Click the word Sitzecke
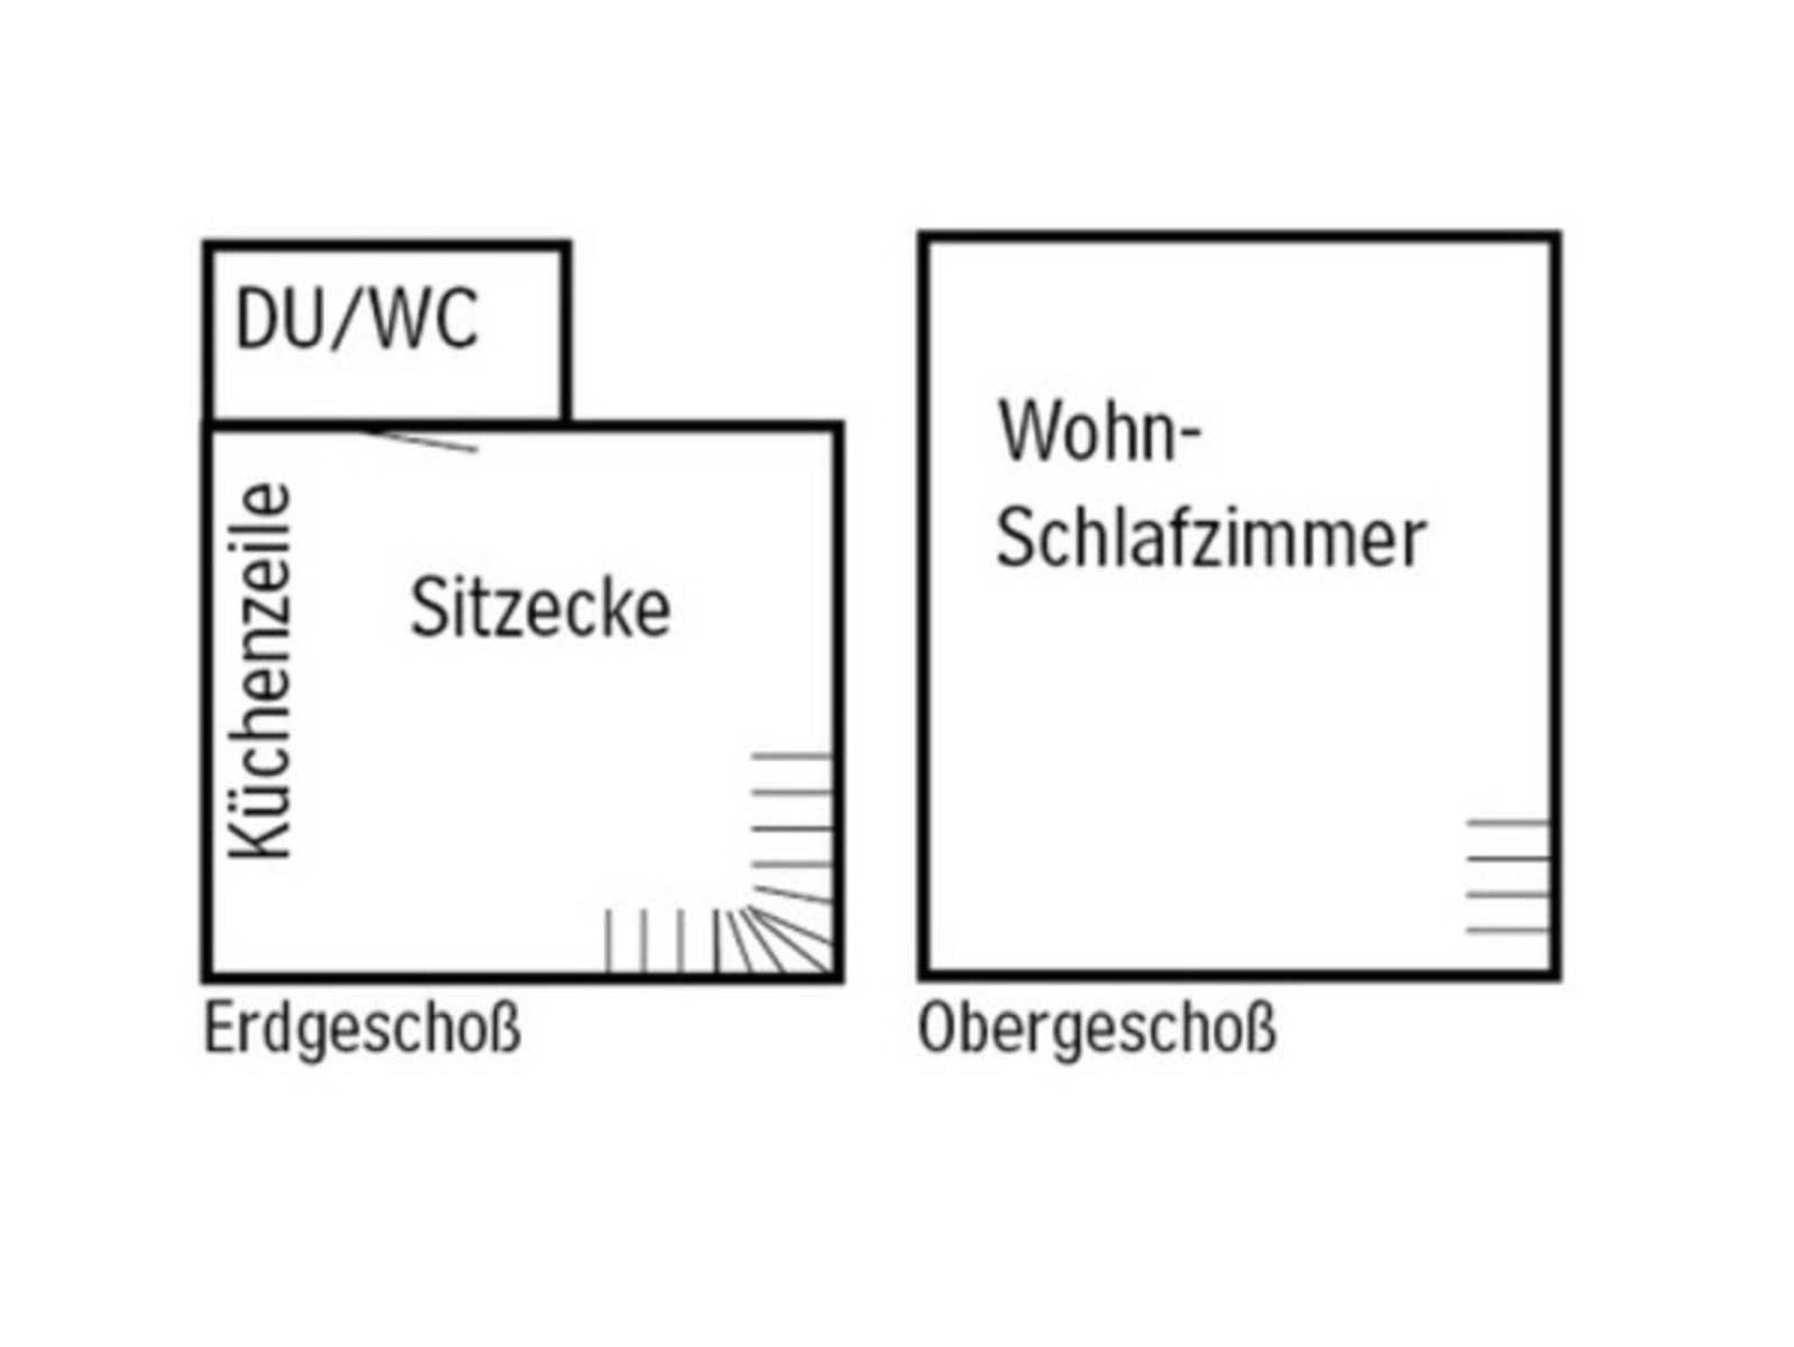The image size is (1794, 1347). pos(540,607)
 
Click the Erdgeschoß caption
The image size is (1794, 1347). pos(363,1029)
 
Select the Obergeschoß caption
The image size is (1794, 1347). pos(1097,1029)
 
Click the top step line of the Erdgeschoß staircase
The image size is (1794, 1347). pos(791,755)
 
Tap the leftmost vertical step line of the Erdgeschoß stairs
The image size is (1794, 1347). pos(609,941)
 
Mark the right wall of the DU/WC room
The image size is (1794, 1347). pos(565,332)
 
